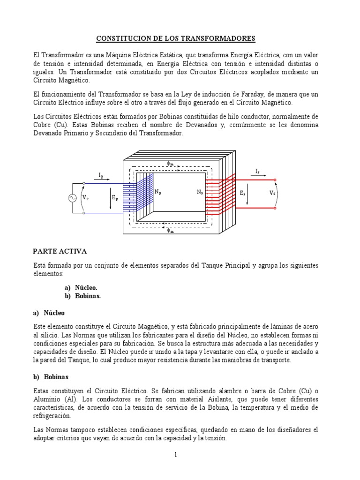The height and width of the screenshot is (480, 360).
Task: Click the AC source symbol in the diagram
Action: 73,198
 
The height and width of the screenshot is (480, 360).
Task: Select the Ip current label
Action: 101,175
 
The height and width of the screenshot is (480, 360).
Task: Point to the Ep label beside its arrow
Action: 114,198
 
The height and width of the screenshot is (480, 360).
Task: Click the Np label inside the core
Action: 158,192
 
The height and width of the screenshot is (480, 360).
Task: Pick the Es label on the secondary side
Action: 242,193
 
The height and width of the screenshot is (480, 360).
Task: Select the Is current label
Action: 258,172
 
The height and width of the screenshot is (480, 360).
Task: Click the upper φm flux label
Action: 170,163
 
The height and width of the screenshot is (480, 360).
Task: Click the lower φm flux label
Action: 170,231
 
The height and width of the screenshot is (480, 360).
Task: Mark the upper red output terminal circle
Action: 275,180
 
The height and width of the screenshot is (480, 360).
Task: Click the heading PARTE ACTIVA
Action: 60,252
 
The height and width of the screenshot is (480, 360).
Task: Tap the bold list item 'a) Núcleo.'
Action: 81,287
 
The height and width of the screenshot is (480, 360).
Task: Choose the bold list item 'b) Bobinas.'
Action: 82,296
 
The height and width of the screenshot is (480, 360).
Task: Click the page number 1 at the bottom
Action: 175,454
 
